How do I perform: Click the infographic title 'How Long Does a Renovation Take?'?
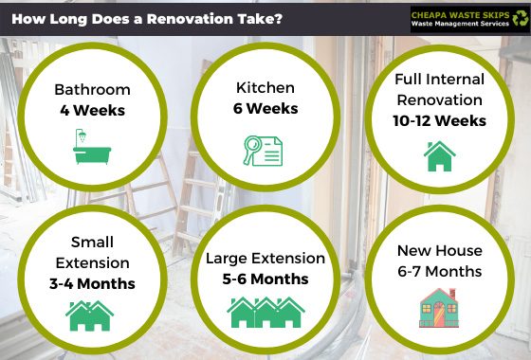point(147,19)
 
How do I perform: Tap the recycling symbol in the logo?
point(520,18)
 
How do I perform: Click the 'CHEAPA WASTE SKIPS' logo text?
point(460,15)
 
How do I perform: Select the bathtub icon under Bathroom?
point(92,146)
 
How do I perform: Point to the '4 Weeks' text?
point(93,110)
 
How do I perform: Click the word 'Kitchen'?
point(265,87)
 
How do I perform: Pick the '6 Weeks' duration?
point(265,108)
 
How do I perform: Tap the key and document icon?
point(263,151)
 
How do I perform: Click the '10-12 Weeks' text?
point(439,121)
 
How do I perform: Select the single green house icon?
point(440,156)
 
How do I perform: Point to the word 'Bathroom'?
point(93,90)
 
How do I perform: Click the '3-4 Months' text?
point(92,283)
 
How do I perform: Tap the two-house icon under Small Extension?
point(89,315)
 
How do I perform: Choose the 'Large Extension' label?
point(265,258)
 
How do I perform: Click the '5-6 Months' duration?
point(265,279)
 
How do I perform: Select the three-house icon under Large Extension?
point(265,313)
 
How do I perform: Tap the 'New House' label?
point(440,251)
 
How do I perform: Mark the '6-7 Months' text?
point(440,271)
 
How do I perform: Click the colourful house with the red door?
point(439,308)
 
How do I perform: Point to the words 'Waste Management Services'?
point(460,24)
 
